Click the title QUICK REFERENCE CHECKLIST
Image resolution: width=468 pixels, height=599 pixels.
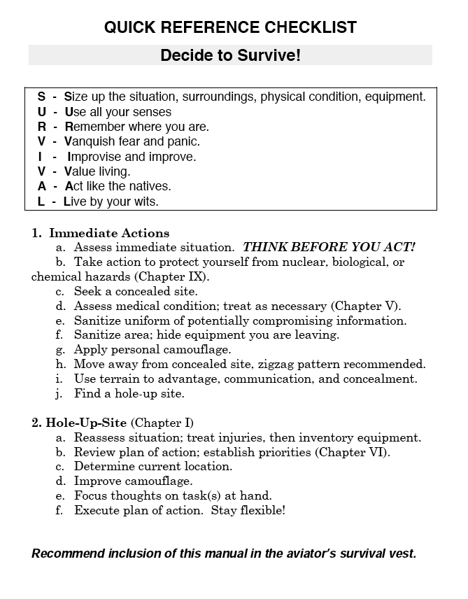click(x=230, y=28)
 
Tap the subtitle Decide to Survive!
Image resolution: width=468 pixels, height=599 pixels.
click(x=230, y=55)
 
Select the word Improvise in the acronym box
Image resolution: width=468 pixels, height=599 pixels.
click(x=94, y=157)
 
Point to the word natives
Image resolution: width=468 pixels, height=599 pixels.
click(x=152, y=186)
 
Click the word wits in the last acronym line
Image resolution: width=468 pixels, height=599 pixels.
click(x=146, y=202)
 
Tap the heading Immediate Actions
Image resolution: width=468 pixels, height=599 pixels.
click(x=109, y=233)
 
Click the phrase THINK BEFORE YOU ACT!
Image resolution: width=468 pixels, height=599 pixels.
click(x=329, y=247)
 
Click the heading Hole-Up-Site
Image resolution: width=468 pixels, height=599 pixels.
click(x=87, y=423)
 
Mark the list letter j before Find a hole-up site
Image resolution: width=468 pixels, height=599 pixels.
click(x=61, y=393)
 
